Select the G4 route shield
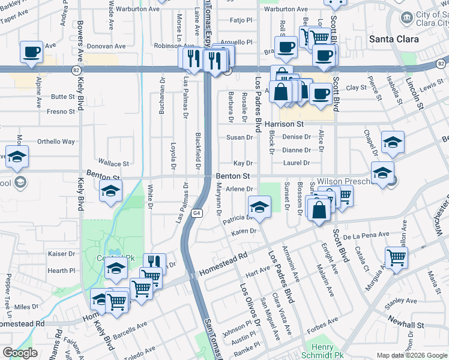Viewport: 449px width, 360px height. [196, 213]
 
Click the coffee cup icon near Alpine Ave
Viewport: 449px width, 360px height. [31, 52]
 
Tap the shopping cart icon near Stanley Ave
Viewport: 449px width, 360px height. [396, 258]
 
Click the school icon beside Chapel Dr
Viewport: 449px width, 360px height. [393, 142]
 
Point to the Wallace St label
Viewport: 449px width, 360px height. [114, 163]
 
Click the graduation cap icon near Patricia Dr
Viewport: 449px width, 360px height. [259, 207]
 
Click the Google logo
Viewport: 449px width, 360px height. [19, 353]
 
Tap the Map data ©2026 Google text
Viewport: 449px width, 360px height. [412, 355]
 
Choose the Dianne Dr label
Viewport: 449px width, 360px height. [296, 151]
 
